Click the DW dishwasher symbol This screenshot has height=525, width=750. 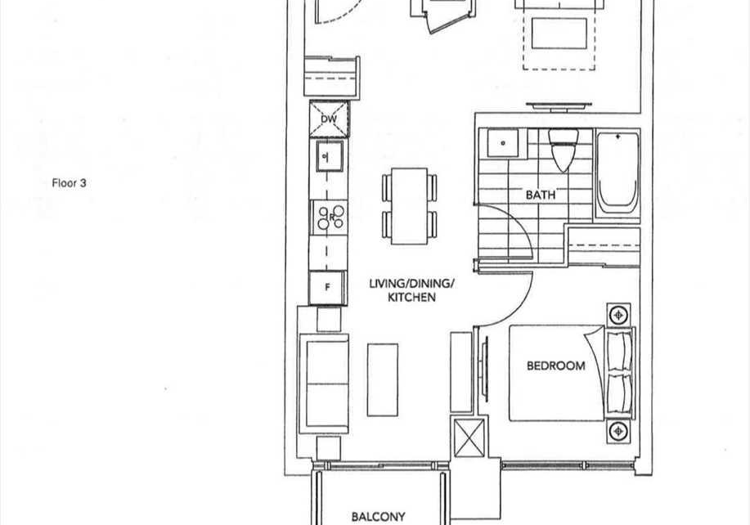(x=330, y=119)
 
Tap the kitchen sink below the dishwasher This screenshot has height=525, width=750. (x=328, y=156)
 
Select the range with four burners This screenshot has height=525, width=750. (x=330, y=217)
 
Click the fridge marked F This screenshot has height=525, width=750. (x=327, y=287)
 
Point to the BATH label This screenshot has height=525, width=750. (x=541, y=195)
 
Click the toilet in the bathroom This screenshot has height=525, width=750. (x=563, y=150)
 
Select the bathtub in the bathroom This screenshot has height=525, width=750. (x=617, y=174)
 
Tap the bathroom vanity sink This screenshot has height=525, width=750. (x=503, y=142)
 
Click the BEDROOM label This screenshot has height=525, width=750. (x=556, y=366)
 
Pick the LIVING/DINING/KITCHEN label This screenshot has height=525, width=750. (x=411, y=290)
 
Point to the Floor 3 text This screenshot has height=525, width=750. (x=70, y=183)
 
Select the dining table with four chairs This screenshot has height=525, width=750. (x=410, y=206)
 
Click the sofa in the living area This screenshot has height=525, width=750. (x=324, y=384)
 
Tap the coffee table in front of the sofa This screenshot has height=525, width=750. (x=383, y=379)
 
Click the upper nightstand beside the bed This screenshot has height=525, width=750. (x=619, y=315)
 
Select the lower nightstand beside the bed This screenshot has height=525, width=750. (x=618, y=431)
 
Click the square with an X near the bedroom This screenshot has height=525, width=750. (x=469, y=437)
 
